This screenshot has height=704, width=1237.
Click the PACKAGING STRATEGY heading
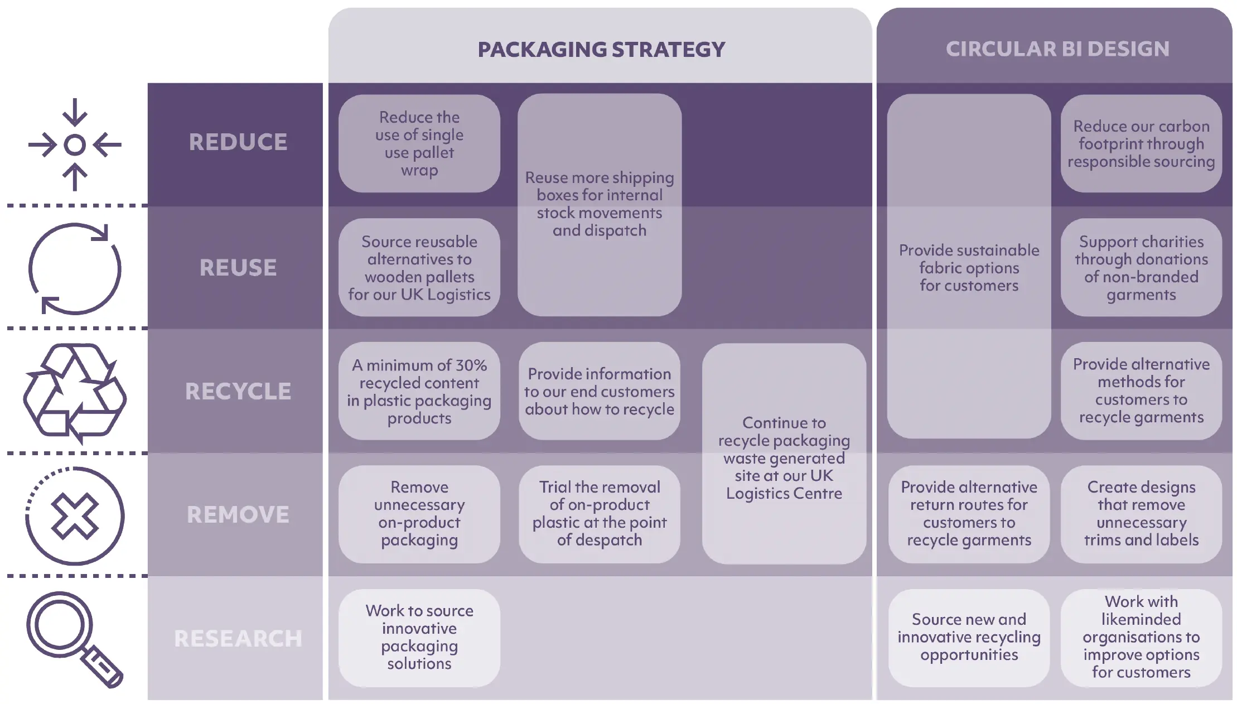[601, 50]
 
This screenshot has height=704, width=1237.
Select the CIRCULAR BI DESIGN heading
[1057, 49]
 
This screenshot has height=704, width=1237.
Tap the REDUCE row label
[238, 142]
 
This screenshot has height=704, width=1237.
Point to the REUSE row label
[238, 268]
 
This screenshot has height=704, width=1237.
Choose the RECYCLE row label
[238, 392]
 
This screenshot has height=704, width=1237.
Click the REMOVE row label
[238, 515]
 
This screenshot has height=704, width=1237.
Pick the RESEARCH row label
[238, 639]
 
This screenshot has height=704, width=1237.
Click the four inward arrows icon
[75, 145]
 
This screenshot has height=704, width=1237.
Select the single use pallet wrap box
[419, 143]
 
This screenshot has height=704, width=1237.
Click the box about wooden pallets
[419, 268]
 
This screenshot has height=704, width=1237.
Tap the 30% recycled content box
[419, 391]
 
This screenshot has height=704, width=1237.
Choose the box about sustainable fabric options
[969, 266]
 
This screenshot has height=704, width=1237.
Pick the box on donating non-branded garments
[1141, 268]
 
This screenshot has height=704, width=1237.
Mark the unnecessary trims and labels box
[1141, 514]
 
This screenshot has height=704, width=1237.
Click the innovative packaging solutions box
[419, 638]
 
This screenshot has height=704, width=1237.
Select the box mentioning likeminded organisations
[1141, 638]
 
